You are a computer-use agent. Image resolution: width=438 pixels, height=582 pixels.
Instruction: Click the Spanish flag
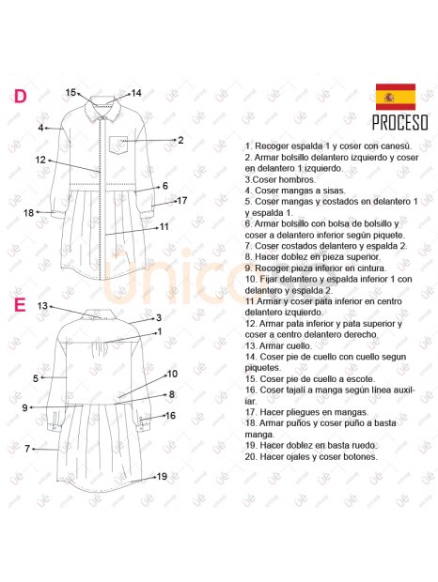point(396,97)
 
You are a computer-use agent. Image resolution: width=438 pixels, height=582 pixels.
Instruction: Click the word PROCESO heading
point(399,123)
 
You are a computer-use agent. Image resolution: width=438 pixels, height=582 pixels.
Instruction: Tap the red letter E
point(20,305)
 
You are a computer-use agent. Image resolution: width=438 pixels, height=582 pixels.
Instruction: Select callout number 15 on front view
point(70,92)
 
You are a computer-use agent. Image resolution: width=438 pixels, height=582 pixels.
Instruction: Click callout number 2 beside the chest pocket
point(180,140)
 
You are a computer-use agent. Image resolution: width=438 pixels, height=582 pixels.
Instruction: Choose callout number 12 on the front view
point(41,161)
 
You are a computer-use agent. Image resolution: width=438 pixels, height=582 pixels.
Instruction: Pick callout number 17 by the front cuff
point(182,200)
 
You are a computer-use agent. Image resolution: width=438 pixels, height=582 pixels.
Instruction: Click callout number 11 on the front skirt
point(164,226)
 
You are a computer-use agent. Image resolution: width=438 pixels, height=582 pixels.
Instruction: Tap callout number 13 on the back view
point(42,306)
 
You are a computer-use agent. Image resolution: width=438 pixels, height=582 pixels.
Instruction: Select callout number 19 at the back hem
point(162,477)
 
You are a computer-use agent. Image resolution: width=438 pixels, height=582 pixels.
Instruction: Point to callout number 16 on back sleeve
point(170,415)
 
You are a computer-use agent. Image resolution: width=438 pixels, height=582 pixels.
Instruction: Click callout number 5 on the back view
point(35,378)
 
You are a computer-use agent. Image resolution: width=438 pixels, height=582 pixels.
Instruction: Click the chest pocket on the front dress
point(118,145)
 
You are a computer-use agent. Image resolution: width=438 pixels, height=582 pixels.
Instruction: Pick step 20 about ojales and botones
point(311,457)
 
